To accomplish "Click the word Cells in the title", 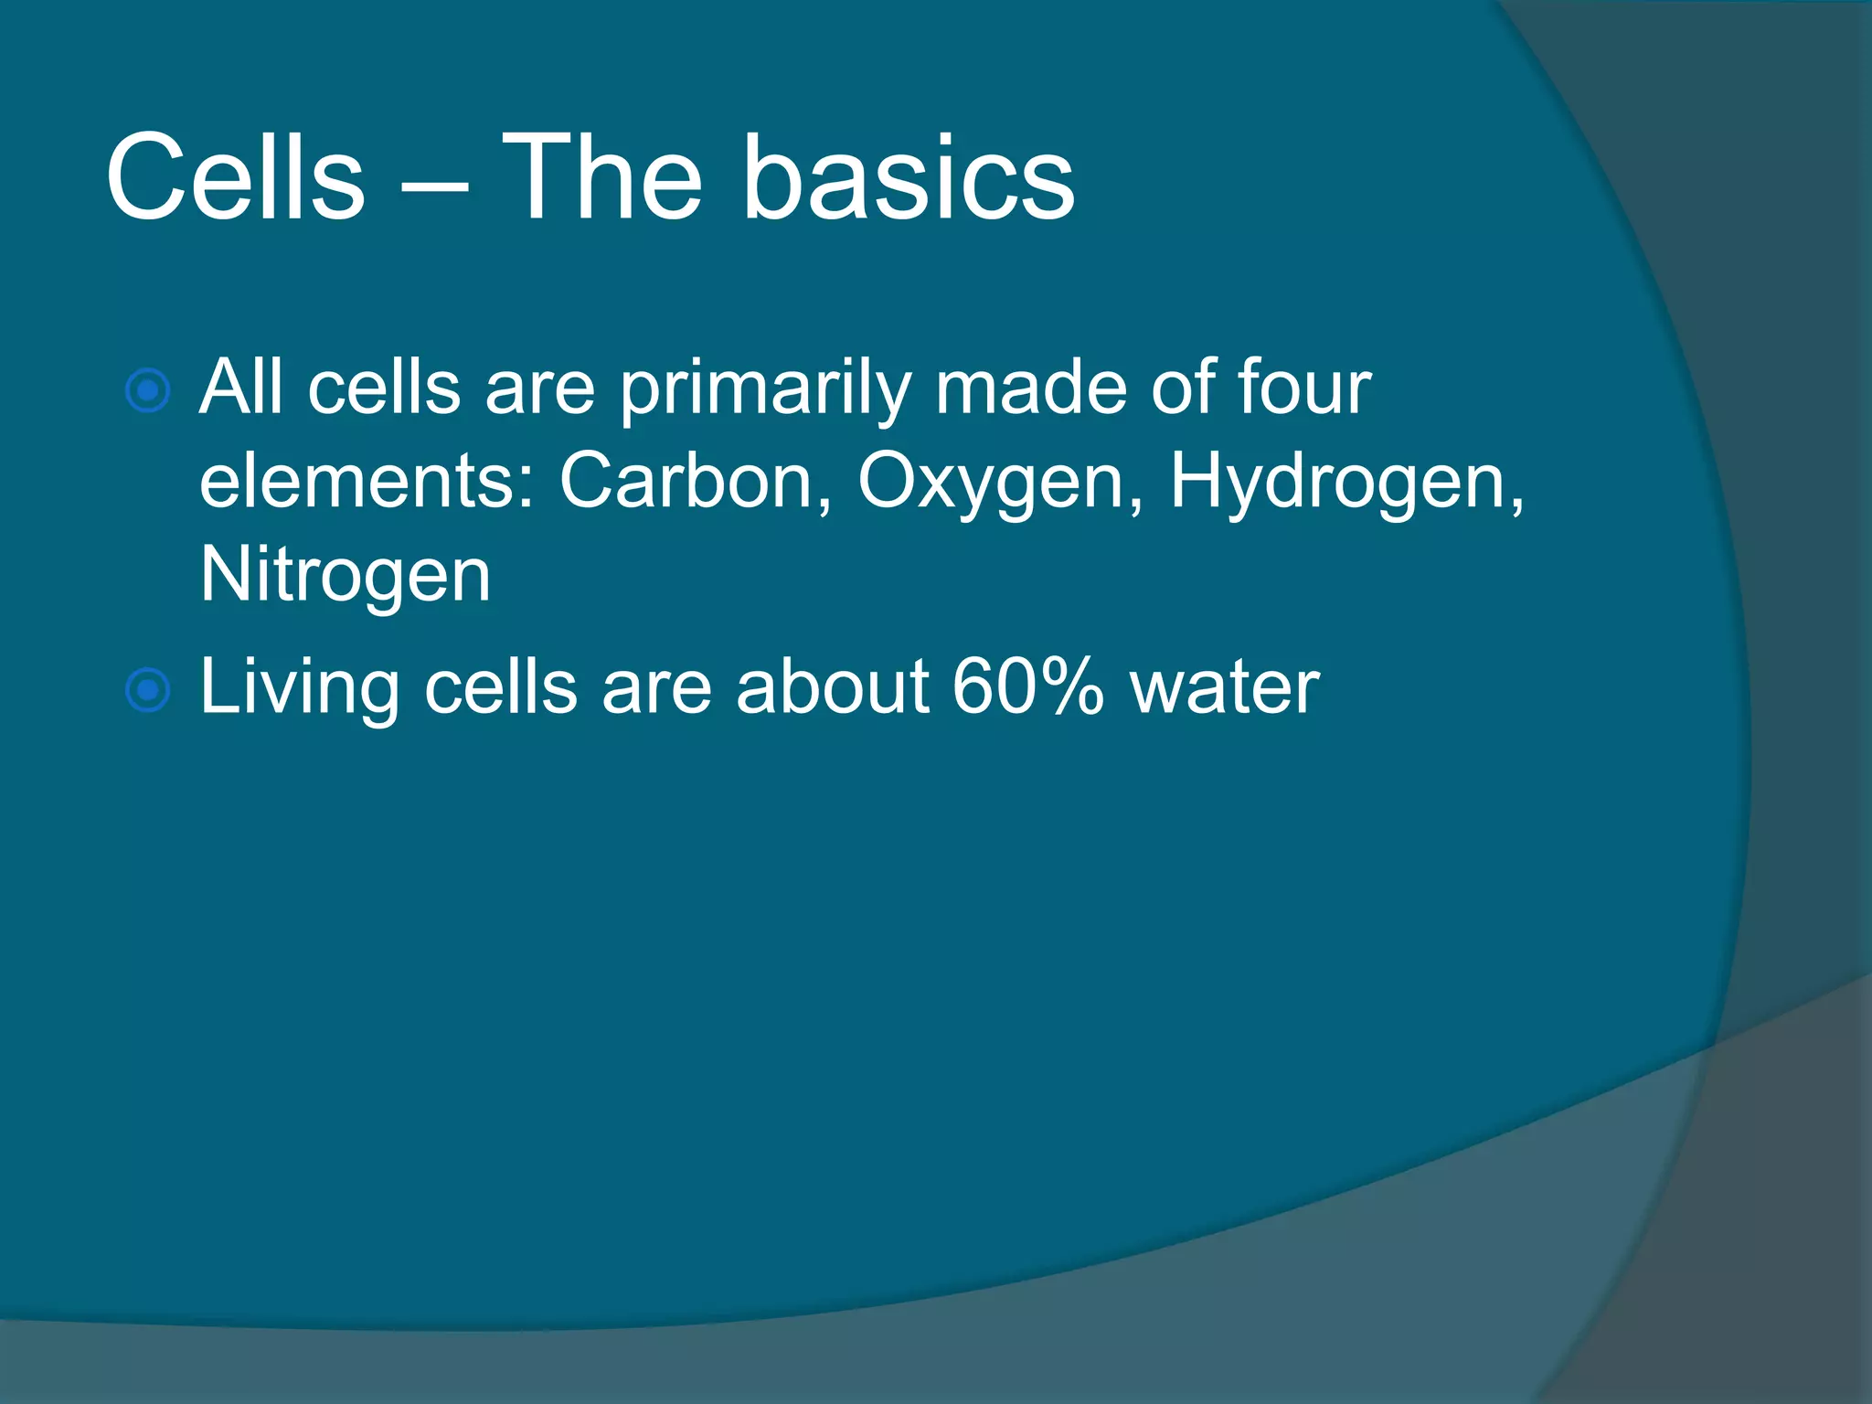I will click(235, 177).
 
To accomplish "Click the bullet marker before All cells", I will click(147, 391).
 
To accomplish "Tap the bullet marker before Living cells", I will click(147, 690).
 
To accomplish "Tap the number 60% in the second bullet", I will click(1028, 686).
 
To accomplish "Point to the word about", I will click(832, 686).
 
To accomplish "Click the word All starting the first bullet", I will click(240, 388).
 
